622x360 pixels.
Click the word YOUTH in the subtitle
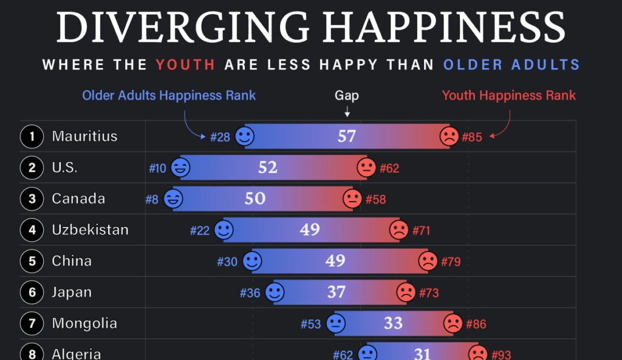185,64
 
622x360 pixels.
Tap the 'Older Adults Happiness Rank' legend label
169,95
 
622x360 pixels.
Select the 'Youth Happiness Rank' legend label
508,95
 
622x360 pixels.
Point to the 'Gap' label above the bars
347,95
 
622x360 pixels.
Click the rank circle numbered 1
32,137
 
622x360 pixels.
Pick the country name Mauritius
84,136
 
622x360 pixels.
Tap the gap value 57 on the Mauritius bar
347,137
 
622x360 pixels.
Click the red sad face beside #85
449,137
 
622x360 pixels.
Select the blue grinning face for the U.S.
180,168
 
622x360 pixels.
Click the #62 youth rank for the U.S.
389,168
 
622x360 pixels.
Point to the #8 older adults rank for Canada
151,199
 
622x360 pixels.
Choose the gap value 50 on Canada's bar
255,199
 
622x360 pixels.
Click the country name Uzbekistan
90,230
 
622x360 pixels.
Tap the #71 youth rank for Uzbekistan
422,231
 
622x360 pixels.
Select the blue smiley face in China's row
252,262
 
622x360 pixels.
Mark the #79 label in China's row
451,262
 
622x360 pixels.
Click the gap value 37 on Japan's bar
336,293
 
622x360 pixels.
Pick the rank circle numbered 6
32,293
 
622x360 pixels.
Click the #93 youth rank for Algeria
501,355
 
